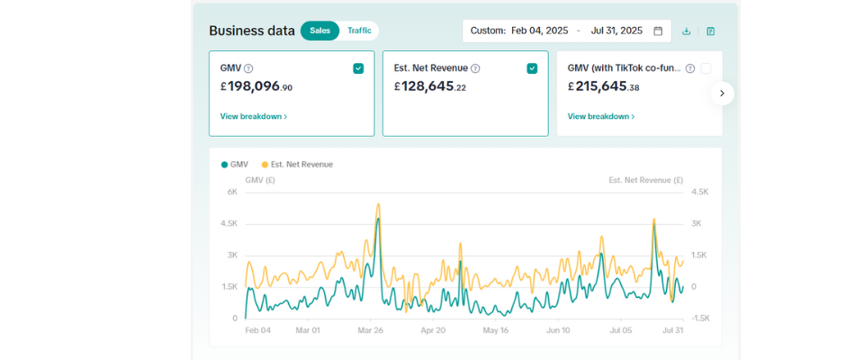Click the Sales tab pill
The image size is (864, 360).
coord(319,31)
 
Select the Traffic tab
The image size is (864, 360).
coord(359,31)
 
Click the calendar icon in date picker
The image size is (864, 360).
coord(658,31)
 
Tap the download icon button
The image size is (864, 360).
coord(687,31)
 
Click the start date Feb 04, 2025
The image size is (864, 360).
coord(539,31)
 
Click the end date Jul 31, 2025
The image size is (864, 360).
coord(616,31)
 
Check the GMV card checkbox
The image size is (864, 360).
coord(358,68)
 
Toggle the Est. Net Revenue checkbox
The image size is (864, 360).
coord(532,68)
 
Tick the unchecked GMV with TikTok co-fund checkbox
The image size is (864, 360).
coord(706,68)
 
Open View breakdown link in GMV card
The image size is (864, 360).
coord(253,116)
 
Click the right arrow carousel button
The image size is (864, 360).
coord(722,93)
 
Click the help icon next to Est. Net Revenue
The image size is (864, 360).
coord(475,68)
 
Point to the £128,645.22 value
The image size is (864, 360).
coord(430,87)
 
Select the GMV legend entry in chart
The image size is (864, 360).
coord(235,165)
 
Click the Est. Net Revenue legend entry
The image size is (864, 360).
coord(297,165)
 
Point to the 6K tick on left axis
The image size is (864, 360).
coord(231,192)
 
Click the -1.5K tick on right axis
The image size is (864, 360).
coord(700,319)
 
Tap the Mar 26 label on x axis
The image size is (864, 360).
coord(371,330)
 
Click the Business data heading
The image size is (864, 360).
coord(251,31)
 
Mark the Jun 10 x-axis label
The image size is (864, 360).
coord(558,330)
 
